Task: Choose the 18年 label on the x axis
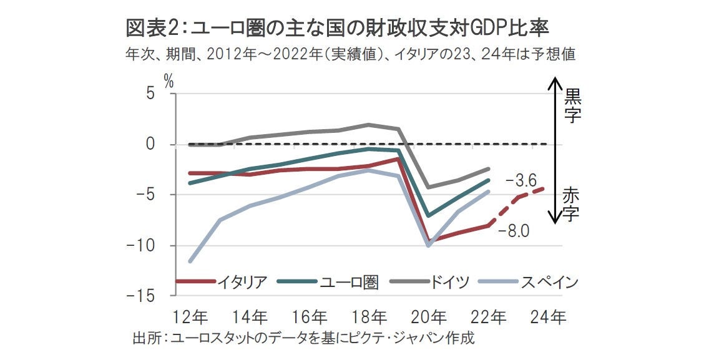pos(369,318)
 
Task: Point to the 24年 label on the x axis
pos(549,318)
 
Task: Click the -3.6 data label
pos(521,181)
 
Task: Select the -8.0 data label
pos(514,232)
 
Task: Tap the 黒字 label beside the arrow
pos(572,105)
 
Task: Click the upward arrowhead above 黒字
pos(552,80)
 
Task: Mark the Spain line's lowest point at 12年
pos(190,261)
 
